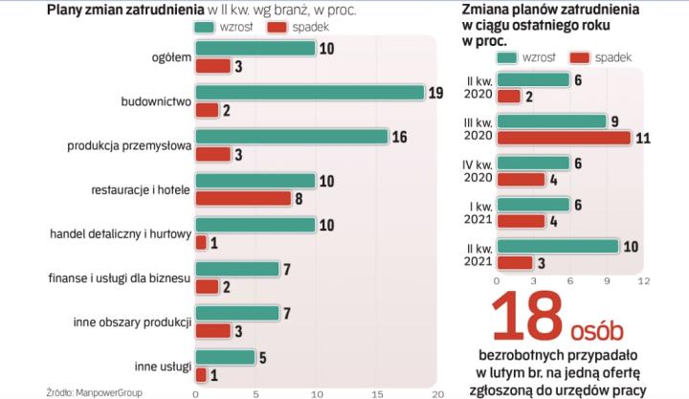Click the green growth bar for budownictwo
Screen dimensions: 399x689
coord(309,93)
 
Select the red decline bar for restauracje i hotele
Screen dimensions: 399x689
coord(243,198)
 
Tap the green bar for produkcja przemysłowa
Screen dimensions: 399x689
coord(291,137)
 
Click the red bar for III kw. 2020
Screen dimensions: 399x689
coord(564,138)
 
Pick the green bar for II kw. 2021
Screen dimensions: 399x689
coord(557,246)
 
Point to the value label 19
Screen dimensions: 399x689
coord(436,93)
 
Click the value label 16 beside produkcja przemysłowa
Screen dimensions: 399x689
coord(400,137)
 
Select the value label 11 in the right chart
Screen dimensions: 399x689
coord(643,138)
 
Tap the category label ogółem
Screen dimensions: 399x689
coord(170,57)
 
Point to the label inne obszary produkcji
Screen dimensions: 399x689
coord(133,321)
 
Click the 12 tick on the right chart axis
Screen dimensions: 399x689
coord(644,281)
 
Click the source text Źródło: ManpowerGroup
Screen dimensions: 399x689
coord(91,389)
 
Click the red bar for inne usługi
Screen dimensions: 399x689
coord(201,374)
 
